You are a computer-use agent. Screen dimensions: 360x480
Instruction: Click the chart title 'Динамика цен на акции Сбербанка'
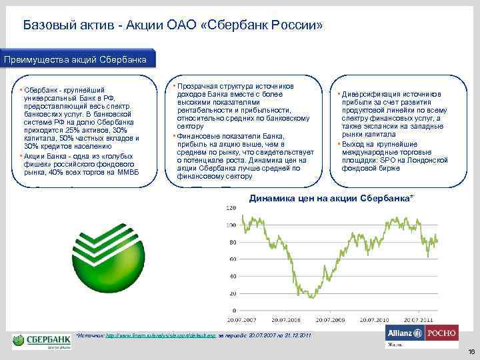point(331,199)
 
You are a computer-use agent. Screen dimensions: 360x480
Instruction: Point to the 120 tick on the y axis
point(231,209)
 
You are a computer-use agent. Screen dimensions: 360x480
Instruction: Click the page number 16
point(470,351)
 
